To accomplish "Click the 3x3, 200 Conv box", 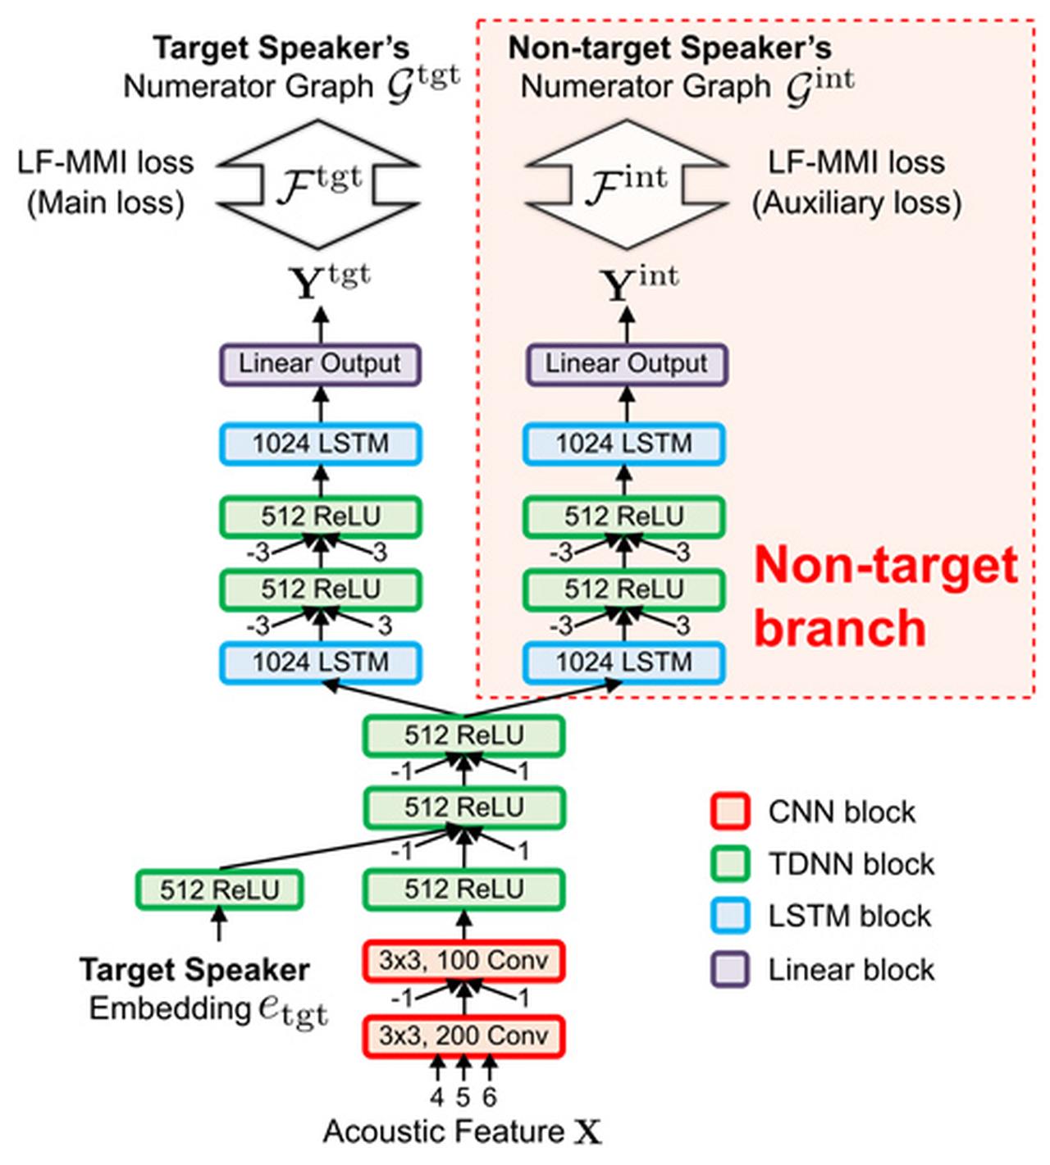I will (x=463, y=1035).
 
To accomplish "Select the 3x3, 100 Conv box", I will (x=463, y=961).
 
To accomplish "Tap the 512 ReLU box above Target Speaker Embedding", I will (x=219, y=890).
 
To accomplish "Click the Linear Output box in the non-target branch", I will (x=626, y=364).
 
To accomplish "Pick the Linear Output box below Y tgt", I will (x=320, y=364).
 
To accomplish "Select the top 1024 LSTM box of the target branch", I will (x=320, y=444).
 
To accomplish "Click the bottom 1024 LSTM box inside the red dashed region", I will (x=623, y=662).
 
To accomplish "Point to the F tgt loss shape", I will (x=319, y=184).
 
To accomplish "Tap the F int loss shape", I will (x=627, y=184).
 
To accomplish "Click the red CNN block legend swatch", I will (x=729, y=812).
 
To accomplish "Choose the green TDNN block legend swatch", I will (x=729, y=863).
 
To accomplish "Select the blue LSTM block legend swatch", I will (x=729, y=916).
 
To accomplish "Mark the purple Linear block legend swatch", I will (x=729, y=970).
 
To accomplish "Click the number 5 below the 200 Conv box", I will (x=463, y=1096).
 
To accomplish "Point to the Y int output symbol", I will (x=639, y=284).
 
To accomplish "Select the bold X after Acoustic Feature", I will (x=587, y=1132).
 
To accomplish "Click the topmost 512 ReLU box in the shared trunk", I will (x=463, y=735).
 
